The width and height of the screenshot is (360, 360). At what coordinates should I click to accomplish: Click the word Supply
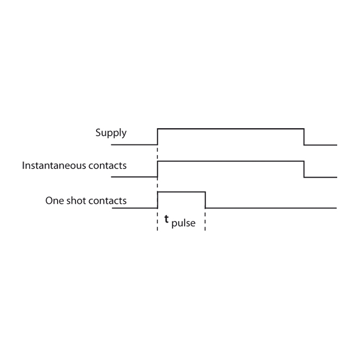coord(111,133)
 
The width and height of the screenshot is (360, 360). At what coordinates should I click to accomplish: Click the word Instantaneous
coord(54,166)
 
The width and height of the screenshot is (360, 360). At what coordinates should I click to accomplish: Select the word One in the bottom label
coord(54,201)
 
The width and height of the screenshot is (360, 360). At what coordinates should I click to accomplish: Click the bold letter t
coord(167,219)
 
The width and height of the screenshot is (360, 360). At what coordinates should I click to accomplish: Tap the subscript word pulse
coord(184,223)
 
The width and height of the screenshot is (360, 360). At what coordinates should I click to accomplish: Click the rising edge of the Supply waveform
coord(157,137)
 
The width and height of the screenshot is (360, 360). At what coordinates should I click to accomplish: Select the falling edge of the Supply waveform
coord(304,137)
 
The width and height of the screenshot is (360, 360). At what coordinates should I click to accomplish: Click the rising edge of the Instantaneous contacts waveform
coord(157,169)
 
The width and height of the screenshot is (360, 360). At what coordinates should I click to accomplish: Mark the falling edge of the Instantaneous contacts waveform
coord(304,169)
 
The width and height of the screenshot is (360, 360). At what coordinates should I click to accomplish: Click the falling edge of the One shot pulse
coord(205,200)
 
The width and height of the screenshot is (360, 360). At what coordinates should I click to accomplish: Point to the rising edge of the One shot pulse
coord(157,200)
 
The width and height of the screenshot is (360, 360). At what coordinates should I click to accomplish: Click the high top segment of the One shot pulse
coord(181,192)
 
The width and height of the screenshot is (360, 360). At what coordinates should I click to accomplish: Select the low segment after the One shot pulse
coord(271,208)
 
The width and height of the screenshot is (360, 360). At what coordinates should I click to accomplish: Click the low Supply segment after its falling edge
coord(320,145)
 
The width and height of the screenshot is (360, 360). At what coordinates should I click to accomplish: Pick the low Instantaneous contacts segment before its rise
coord(134,177)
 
